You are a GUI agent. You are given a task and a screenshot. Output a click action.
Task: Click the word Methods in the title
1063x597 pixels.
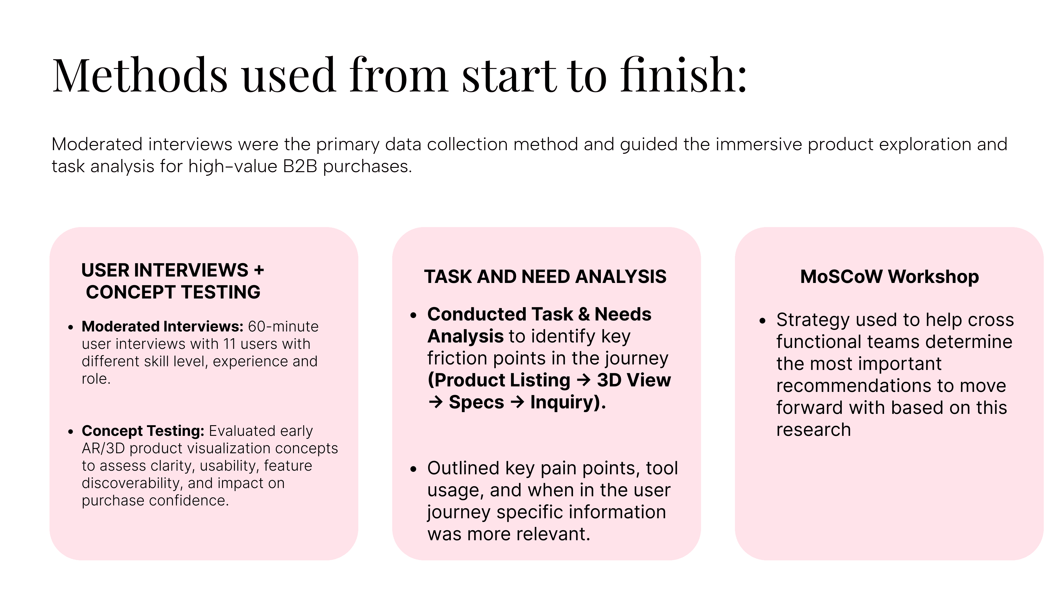[x=140, y=75]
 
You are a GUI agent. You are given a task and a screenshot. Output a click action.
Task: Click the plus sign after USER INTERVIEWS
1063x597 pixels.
[x=259, y=270]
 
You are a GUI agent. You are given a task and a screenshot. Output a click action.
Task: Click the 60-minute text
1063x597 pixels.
[x=283, y=327]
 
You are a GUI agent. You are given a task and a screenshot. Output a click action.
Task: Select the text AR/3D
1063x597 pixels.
[x=103, y=448]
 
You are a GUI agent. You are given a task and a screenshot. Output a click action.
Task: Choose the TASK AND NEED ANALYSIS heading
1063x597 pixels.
[x=545, y=277]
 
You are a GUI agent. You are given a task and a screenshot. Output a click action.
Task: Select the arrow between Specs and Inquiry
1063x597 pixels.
[x=517, y=402]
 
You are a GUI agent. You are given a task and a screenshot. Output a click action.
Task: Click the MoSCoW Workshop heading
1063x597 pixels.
[x=889, y=277]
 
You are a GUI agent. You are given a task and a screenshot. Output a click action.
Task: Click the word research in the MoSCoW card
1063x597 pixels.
[x=813, y=430]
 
